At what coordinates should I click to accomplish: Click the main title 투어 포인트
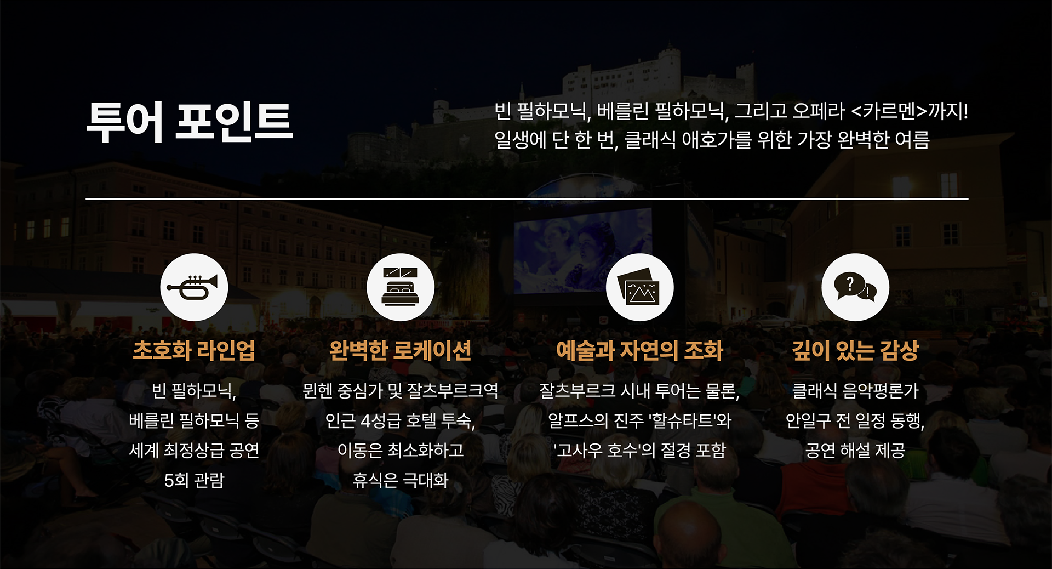(x=190, y=122)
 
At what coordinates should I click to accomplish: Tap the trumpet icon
(x=194, y=287)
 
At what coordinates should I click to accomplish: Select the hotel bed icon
(x=401, y=287)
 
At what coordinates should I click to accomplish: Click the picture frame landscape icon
(x=639, y=287)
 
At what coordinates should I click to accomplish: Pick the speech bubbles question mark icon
(x=855, y=287)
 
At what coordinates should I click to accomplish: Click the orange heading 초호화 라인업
(x=194, y=351)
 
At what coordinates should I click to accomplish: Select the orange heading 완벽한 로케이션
(x=401, y=351)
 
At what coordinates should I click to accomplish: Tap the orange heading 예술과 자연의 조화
(x=639, y=351)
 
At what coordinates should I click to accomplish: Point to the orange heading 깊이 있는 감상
(x=855, y=351)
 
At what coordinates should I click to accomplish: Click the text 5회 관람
(x=194, y=481)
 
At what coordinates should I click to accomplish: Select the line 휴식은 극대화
(x=401, y=481)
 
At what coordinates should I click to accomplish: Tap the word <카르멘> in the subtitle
(x=889, y=111)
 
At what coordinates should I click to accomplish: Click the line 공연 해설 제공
(x=855, y=451)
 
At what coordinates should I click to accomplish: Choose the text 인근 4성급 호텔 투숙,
(x=401, y=421)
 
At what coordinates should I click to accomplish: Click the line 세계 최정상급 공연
(x=194, y=451)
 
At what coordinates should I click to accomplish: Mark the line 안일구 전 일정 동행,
(x=855, y=421)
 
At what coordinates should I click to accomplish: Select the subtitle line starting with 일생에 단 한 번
(x=712, y=140)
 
